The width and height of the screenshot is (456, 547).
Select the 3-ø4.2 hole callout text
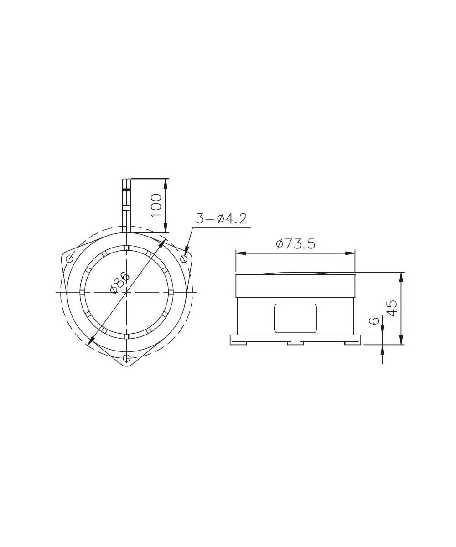(x=221, y=219)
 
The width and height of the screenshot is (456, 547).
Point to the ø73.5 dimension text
(x=295, y=244)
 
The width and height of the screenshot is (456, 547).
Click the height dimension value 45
(x=392, y=309)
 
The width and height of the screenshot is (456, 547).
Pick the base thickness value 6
(x=374, y=321)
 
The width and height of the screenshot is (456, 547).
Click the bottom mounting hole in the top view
(x=127, y=357)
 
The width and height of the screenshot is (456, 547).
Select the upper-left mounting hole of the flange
(x=69, y=259)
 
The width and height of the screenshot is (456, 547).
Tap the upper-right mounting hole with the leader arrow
(x=184, y=259)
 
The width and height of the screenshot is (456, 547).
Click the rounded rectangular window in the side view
(x=295, y=318)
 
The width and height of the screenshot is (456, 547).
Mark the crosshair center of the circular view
(x=127, y=292)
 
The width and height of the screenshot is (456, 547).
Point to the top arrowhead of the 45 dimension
(x=401, y=276)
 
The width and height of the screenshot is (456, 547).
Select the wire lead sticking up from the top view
(x=127, y=205)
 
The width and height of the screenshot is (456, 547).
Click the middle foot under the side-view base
(x=295, y=343)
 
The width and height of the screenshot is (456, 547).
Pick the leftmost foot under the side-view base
(x=238, y=343)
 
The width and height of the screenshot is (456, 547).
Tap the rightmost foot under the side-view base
(x=352, y=343)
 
